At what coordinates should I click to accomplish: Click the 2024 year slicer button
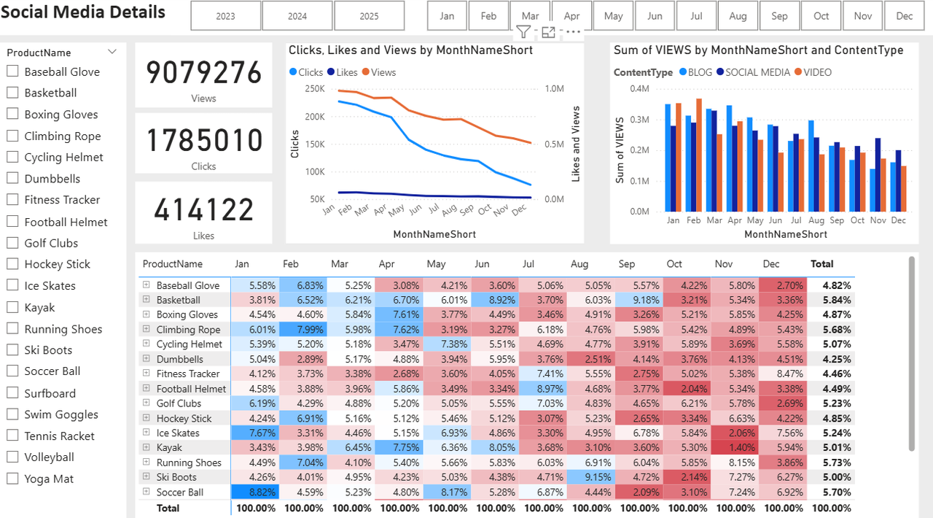click(297, 16)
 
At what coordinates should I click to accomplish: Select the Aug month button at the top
click(738, 16)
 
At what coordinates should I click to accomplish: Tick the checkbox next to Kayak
click(12, 307)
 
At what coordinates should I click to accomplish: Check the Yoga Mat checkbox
click(12, 479)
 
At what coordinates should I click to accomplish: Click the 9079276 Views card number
click(203, 73)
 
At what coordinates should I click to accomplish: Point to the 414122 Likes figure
click(203, 210)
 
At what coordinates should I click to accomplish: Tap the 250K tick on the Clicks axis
click(315, 89)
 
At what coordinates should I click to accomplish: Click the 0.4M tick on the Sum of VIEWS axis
click(639, 89)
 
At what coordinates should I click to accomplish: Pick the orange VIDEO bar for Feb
click(698, 155)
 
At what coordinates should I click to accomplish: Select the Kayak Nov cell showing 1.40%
click(735, 447)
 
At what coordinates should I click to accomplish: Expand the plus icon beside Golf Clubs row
click(147, 403)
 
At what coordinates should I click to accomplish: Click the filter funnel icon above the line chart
click(523, 31)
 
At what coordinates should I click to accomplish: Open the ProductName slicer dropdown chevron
click(112, 52)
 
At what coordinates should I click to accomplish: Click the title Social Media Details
click(83, 12)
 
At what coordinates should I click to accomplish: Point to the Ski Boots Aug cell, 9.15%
click(592, 477)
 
